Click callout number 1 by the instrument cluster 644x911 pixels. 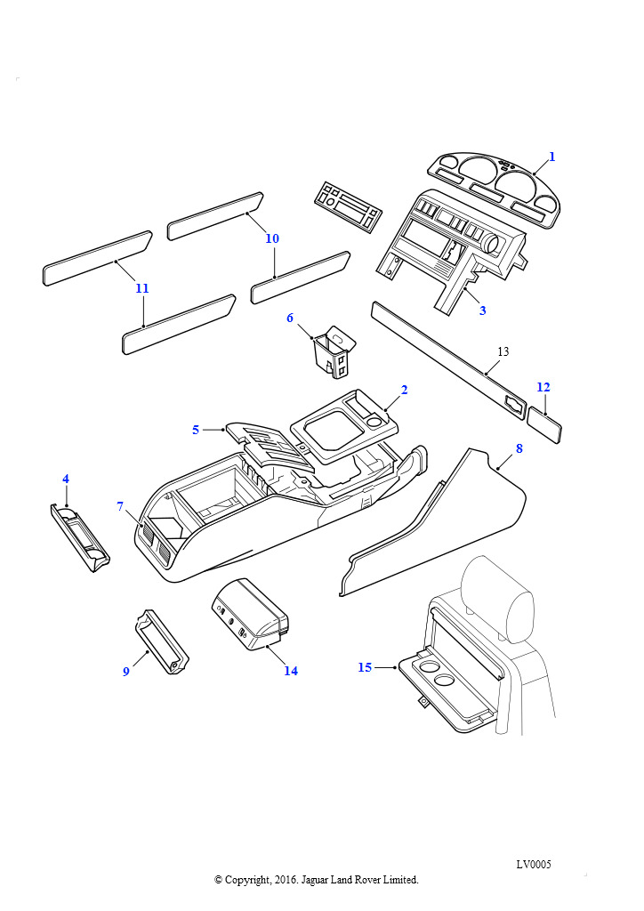551,157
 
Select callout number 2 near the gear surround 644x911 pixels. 404,390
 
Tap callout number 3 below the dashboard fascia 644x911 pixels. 483,310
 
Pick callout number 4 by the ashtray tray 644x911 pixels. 66,479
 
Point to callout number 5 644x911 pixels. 196,430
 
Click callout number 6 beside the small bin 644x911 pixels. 290,318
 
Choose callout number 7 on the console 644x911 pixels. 120,506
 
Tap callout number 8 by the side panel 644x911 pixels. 519,448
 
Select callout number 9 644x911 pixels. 125,671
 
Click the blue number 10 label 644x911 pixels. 272,238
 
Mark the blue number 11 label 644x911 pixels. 142,288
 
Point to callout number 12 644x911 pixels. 543,387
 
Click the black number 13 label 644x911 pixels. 503,352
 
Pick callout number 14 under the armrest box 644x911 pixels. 291,671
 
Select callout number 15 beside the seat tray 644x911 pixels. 365,667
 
